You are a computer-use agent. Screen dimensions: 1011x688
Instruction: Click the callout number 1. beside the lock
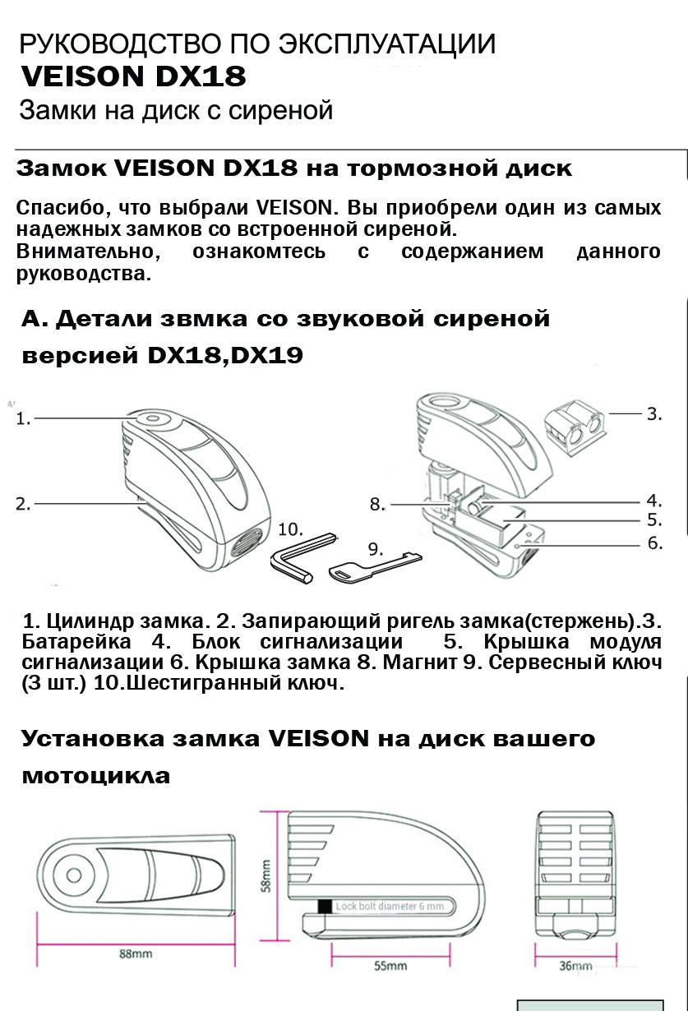[23, 418]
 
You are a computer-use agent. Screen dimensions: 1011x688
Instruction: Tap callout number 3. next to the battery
[653, 413]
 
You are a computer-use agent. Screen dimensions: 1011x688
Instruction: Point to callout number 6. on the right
[655, 542]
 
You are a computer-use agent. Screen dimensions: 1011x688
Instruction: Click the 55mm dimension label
[390, 966]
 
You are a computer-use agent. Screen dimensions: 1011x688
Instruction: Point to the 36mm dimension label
[575, 966]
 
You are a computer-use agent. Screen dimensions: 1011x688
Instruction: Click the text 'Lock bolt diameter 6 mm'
[390, 907]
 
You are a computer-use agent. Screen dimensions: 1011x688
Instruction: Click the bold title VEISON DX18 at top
[133, 76]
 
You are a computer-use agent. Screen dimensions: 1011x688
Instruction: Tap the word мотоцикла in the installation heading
[96, 775]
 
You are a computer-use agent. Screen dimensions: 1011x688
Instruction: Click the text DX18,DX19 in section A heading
[225, 355]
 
